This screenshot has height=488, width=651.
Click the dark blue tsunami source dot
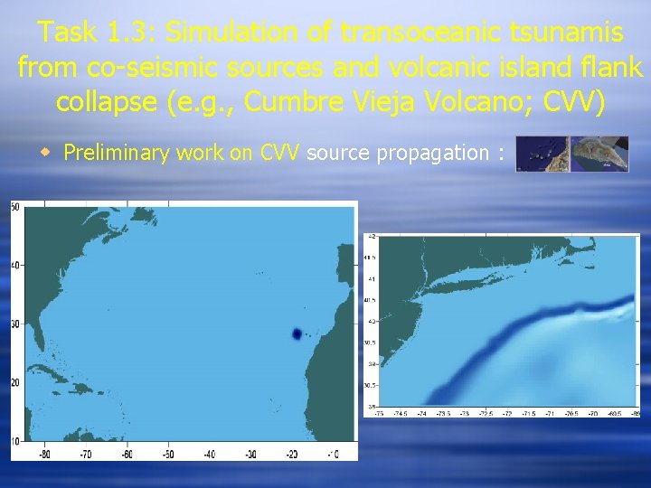pos(296,334)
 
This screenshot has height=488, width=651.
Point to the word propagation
pos(432,153)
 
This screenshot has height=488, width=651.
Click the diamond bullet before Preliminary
pos(52,153)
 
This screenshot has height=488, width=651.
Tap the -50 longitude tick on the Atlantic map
pos(167,454)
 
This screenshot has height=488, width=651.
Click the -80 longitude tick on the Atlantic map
pos(43,454)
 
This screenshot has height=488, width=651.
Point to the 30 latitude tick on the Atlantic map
pos(14,324)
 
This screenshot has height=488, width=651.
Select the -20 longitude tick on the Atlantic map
pos(291,454)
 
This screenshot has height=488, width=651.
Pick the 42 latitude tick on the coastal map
pos(372,237)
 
